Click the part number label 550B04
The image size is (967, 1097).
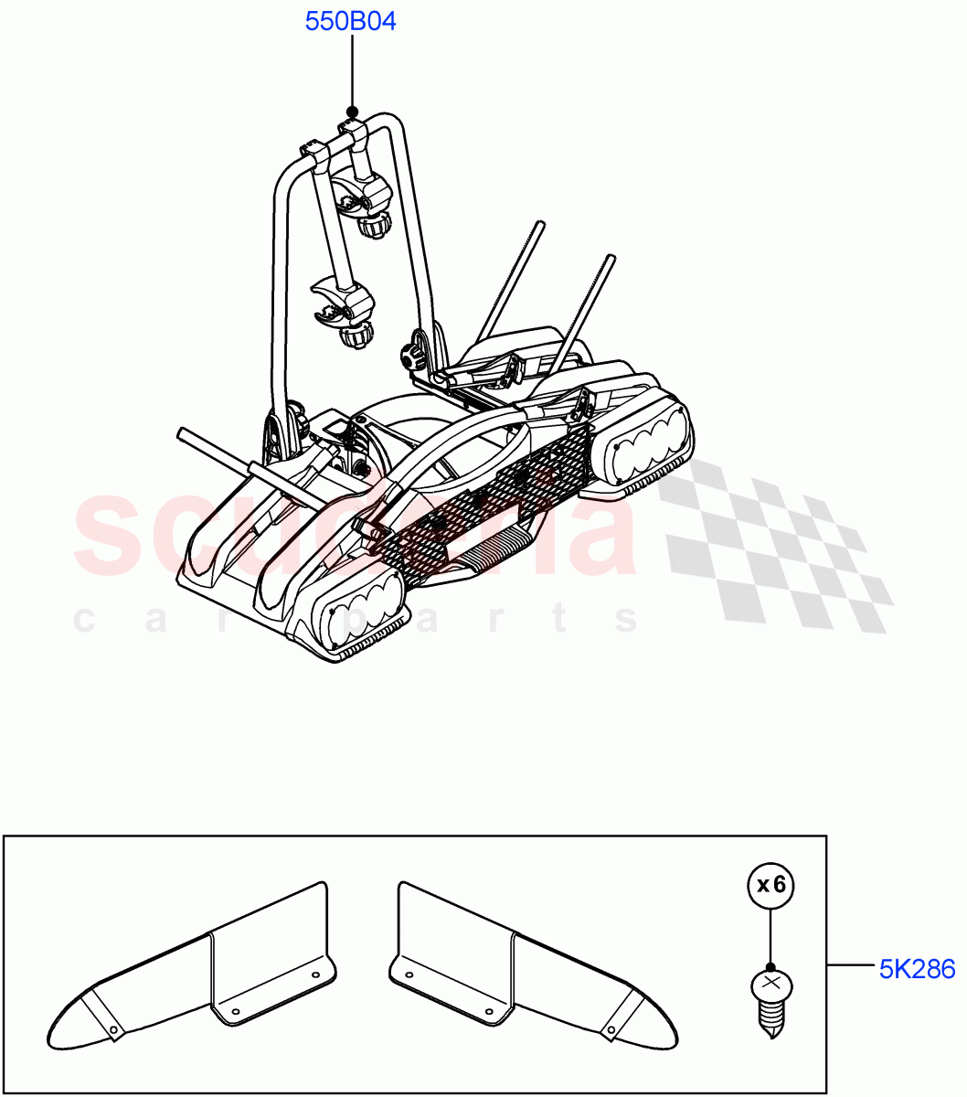tap(351, 22)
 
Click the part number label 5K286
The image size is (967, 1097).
tap(917, 968)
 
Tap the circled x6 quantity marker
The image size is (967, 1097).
tap(770, 884)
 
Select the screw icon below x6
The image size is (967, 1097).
tap(770, 1004)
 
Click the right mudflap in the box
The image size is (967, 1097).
tap(530, 969)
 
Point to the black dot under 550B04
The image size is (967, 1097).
tap(352, 112)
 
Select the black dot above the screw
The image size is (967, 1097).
tap(770, 967)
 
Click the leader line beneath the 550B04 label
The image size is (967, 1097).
tap(352, 73)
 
